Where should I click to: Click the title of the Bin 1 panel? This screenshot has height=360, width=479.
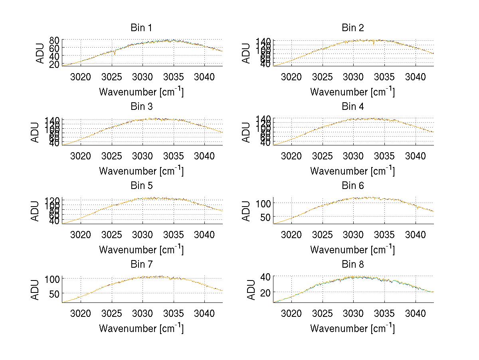coord(141,28)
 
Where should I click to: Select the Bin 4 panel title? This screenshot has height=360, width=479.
coord(353,107)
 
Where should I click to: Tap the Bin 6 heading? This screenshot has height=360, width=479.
coord(353,185)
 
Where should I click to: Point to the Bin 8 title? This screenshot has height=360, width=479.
coord(353,264)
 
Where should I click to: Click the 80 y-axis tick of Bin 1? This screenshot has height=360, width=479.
coord(55,40)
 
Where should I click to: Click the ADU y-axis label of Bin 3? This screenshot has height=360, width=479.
coord(36,132)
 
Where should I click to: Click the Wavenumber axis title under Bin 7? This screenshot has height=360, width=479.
coord(141,328)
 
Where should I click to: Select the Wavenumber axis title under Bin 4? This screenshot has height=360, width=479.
coord(352,171)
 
